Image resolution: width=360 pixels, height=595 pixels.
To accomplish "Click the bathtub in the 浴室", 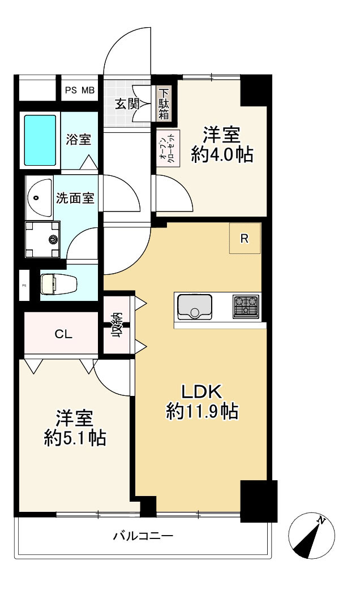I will click(41, 140).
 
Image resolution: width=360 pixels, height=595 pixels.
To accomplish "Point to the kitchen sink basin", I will click(194, 307).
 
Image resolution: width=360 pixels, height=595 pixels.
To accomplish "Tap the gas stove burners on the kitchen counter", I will click(246, 307).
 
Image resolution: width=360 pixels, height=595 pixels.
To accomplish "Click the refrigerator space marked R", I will click(245, 238).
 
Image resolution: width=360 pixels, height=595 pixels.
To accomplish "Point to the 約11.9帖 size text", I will click(202, 412).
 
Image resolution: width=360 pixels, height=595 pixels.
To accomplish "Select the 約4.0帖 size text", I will click(221, 154).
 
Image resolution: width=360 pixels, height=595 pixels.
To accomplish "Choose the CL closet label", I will click(63, 334).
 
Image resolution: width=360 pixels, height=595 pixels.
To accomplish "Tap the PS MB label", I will click(80, 90).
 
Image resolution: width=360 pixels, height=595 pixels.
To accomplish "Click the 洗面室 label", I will click(74, 199).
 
